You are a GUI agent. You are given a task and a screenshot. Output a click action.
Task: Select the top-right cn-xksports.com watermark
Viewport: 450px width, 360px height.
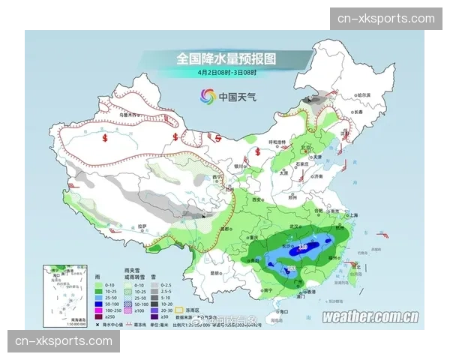[386, 19]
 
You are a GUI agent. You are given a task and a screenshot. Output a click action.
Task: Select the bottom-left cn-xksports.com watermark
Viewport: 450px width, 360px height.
[63, 341]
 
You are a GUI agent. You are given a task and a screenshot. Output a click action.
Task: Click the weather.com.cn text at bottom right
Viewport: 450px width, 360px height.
[370, 316]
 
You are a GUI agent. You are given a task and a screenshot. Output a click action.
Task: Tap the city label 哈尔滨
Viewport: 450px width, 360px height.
[363, 95]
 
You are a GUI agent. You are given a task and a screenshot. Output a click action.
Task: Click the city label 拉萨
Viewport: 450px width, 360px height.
[142, 225]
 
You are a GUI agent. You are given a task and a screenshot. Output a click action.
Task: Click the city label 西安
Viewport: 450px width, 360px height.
[257, 201]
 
